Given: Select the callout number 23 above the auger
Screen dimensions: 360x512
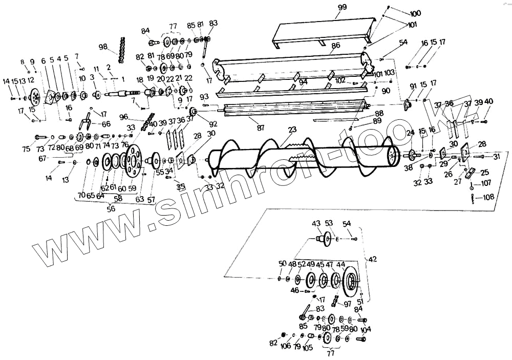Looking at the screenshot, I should [x=292, y=130].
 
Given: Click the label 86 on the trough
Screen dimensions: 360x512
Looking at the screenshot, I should [x=336, y=46].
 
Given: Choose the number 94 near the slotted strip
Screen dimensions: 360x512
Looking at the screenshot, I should [x=304, y=82].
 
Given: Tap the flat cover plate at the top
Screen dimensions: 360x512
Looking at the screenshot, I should [x=320, y=30].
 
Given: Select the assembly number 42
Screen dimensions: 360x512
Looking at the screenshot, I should [x=372, y=259].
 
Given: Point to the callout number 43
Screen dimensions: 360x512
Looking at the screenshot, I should [x=316, y=223].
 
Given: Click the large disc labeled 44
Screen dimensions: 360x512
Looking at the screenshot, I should [x=351, y=281].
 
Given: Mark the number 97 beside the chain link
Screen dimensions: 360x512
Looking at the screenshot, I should [x=348, y=304].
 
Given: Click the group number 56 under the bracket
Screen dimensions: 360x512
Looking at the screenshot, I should [x=111, y=209].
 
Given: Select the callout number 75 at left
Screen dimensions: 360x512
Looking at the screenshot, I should [x=26, y=149].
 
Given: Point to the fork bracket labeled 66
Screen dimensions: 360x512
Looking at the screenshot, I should [x=86, y=123].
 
